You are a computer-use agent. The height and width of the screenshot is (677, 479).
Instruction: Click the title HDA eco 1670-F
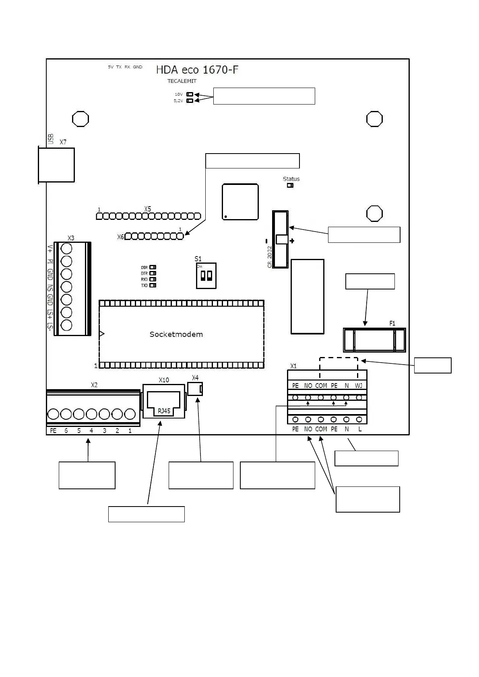click(197, 70)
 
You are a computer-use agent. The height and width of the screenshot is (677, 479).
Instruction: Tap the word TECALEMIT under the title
click(182, 81)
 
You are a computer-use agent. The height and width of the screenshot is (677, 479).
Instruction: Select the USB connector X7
click(56, 165)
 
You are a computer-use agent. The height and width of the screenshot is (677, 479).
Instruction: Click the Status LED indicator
click(290, 185)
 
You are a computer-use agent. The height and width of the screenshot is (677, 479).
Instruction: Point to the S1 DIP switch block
click(206, 276)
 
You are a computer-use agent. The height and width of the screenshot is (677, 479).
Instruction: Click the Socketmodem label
click(176, 334)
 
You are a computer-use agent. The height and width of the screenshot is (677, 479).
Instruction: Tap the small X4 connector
click(195, 389)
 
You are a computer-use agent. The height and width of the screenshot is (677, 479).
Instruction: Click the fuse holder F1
click(374, 340)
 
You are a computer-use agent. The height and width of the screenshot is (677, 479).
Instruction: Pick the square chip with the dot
click(240, 202)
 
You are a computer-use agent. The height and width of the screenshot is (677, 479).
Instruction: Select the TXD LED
click(153, 285)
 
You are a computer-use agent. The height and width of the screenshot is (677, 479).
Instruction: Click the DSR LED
click(153, 267)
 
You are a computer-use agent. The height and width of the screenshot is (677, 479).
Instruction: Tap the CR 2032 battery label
click(270, 257)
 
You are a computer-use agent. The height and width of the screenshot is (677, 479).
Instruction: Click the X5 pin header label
click(148, 209)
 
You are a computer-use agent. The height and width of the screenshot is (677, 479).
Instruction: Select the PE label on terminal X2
click(53, 431)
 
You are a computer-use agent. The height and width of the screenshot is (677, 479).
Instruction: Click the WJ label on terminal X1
click(359, 386)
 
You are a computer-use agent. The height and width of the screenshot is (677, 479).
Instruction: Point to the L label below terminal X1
click(360, 429)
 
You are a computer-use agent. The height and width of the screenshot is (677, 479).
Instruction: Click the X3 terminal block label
click(71, 238)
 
